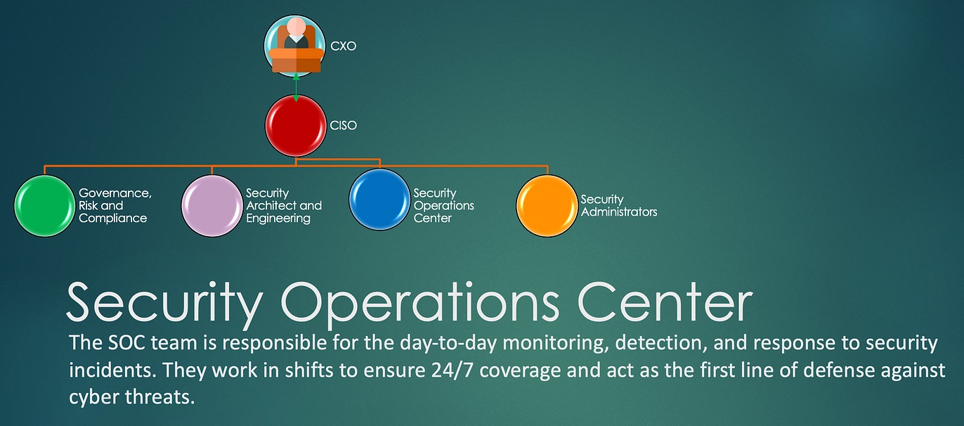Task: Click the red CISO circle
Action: coord(296,125)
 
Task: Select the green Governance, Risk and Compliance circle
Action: coord(44,205)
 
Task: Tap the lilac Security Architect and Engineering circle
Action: coord(211,205)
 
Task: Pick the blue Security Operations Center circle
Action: coord(379,200)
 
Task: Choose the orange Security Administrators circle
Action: coord(547,205)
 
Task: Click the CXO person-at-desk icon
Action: coord(295,45)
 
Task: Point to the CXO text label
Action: coord(344,46)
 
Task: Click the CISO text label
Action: coord(344,125)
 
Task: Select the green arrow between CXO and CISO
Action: coord(296,87)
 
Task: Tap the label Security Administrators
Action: coord(619,205)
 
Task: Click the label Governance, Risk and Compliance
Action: coord(115,205)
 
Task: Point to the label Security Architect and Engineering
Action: coord(284,205)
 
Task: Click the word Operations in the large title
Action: coord(419,303)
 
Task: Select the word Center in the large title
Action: coord(665,302)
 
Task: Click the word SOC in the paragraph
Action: coord(126,343)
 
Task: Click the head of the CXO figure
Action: coord(296,26)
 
